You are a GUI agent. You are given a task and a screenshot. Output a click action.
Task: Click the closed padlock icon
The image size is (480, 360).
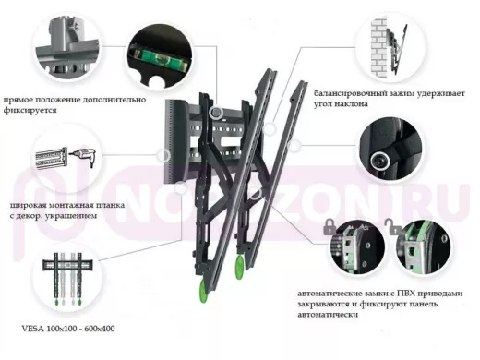tap(330, 227)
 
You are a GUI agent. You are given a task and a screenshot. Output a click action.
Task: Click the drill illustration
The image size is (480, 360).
tap(83, 158)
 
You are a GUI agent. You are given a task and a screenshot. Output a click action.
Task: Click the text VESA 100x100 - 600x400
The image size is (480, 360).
tap(68, 329)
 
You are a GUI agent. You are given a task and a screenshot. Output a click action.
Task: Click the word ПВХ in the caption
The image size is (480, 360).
tap(408, 294)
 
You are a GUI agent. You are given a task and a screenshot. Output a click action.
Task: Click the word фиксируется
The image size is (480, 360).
tap(30, 111)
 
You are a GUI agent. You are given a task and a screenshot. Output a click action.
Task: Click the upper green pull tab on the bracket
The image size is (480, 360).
tap(240, 267)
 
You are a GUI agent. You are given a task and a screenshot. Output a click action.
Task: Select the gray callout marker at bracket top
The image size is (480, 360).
tap(216, 113)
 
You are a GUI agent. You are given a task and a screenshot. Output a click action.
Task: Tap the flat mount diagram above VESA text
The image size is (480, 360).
tap(68, 279)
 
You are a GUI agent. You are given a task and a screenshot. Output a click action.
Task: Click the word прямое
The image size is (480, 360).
tap(18, 100)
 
